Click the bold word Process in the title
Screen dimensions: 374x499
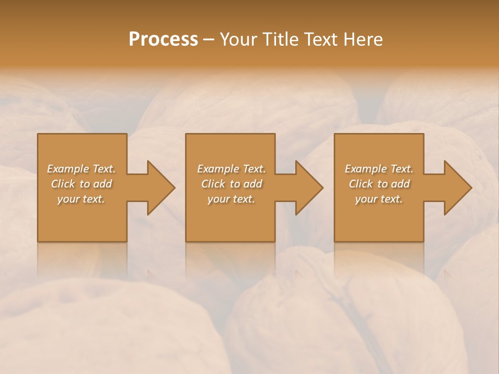click(x=163, y=39)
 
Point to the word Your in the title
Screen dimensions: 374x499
click(x=239, y=39)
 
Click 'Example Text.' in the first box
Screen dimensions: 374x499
click(x=81, y=169)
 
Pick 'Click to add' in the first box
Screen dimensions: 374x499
click(x=81, y=184)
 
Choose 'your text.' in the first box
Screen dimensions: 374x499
click(x=81, y=199)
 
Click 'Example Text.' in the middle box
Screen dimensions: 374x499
click(x=231, y=169)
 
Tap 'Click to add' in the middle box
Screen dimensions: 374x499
click(x=231, y=184)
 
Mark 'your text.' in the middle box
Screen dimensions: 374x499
click(x=231, y=199)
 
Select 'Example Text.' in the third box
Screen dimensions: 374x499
click(x=379, y=169)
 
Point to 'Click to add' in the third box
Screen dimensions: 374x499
click(x=379, y=184)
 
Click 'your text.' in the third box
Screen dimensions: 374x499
click(x=379, y=199)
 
